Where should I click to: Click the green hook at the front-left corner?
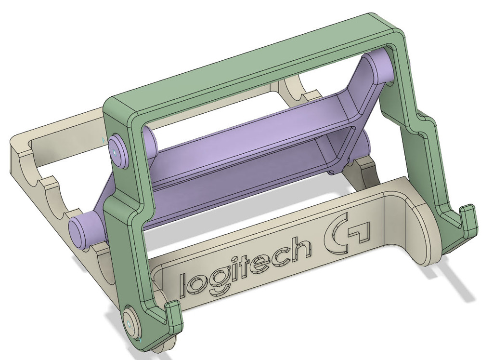click(174, 318)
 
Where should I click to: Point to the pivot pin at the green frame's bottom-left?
click(130, 323)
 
